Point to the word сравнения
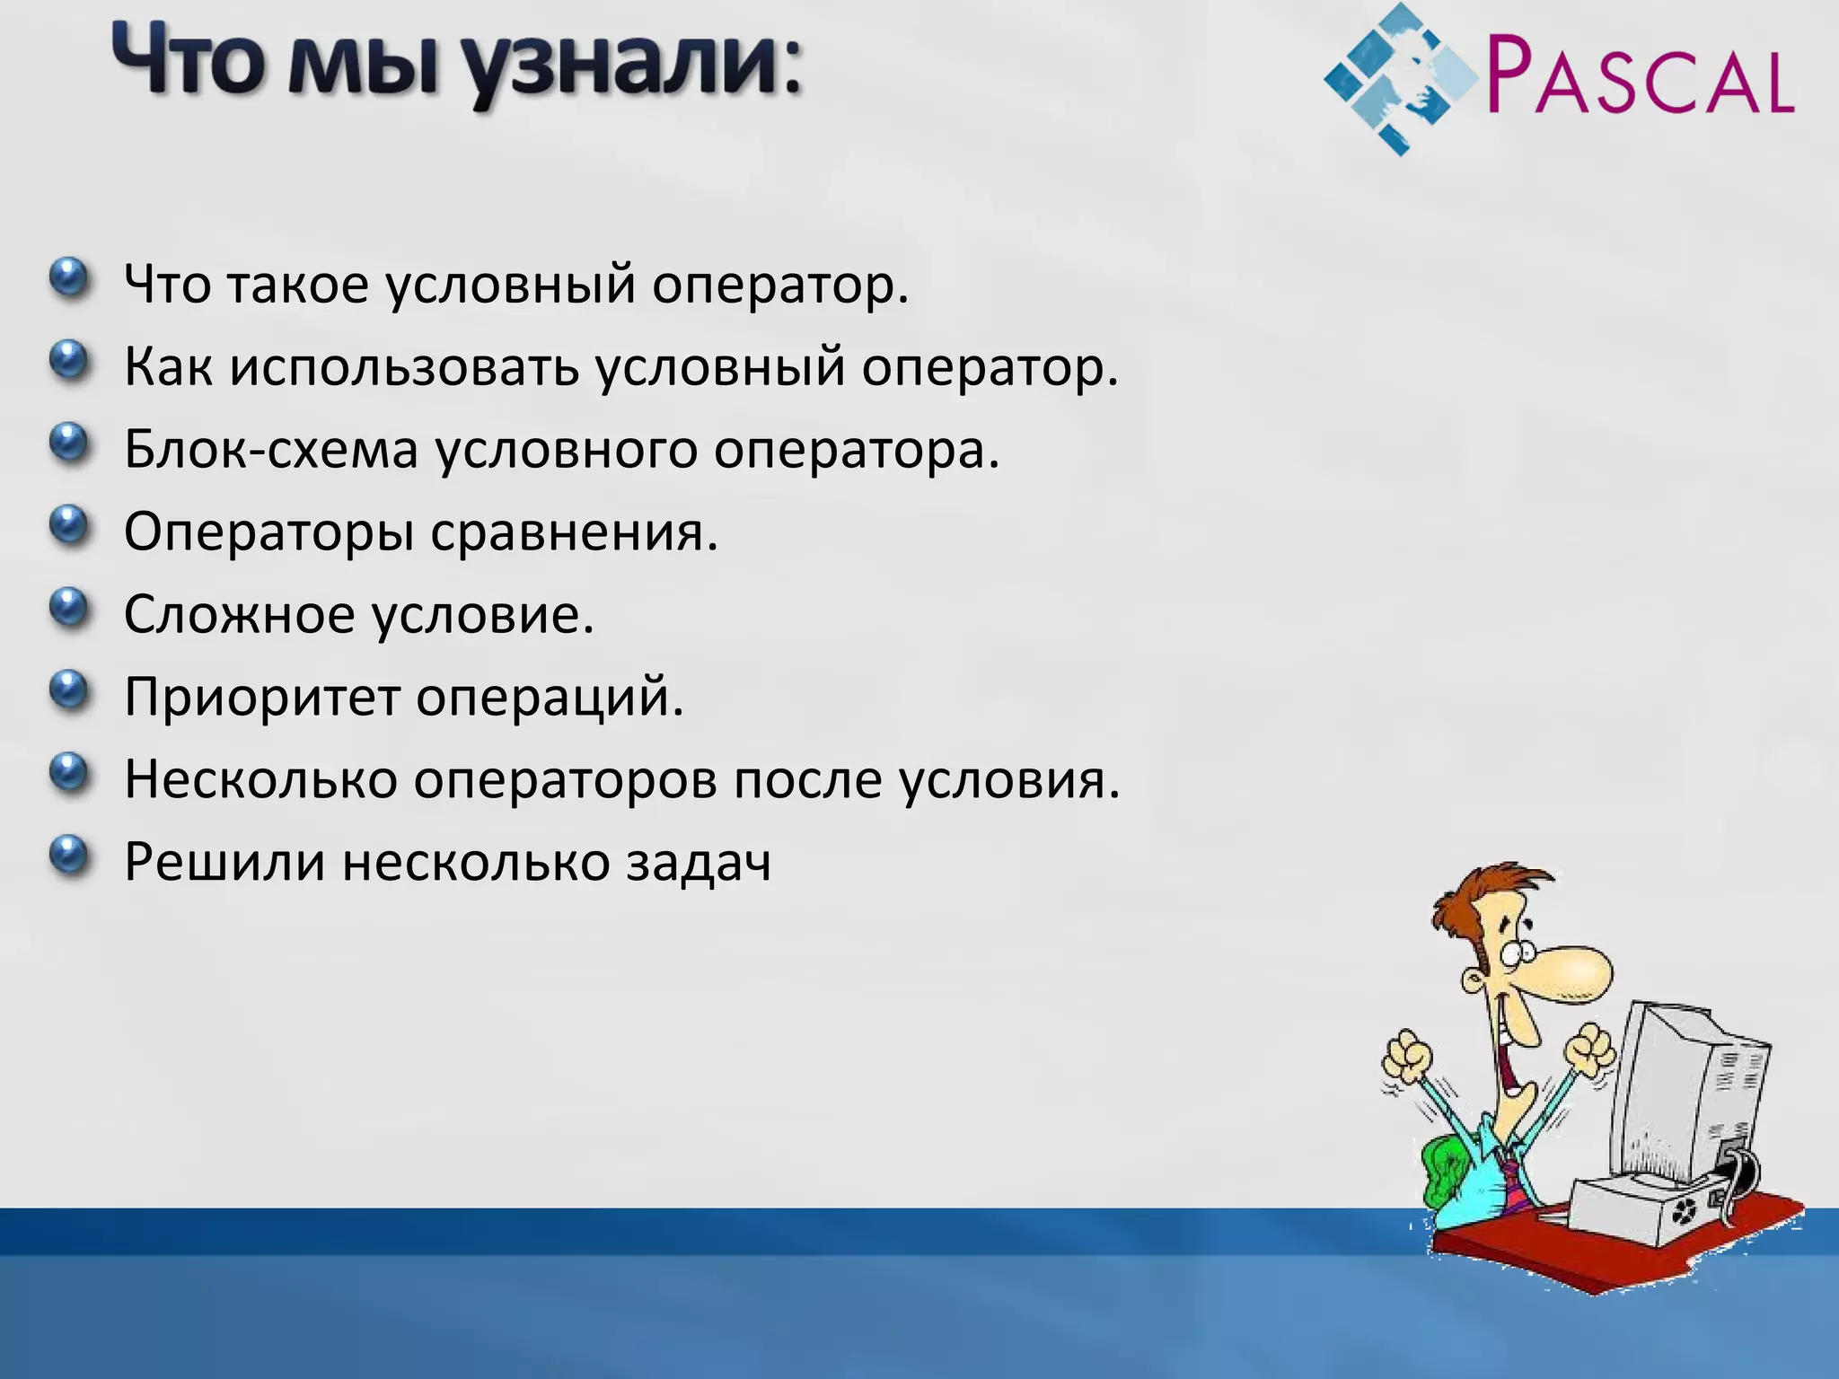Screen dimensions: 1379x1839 (575, 531)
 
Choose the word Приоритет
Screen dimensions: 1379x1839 (261, 697)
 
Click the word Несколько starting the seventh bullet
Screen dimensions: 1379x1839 (260, 778)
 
